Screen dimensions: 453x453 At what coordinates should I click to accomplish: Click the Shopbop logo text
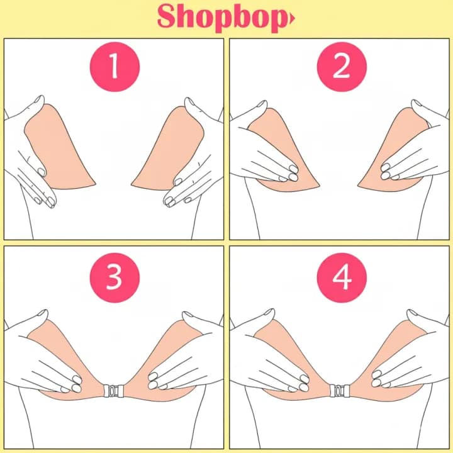223,18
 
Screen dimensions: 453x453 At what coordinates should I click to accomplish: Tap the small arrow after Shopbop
293,19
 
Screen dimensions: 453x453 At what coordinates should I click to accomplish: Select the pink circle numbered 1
115,67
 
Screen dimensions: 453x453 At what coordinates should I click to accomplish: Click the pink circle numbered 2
342,67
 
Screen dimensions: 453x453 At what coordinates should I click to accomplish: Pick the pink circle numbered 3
115,277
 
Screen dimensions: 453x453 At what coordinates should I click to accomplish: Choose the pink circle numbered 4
342,277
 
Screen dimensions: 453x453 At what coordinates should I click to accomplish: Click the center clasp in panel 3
114,391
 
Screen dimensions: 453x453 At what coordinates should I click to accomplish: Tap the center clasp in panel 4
340,391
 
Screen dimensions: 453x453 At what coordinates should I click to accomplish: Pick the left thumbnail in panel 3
43,313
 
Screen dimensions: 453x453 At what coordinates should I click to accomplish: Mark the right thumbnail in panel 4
411,313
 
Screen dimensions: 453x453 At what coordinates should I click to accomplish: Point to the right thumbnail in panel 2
416,103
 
